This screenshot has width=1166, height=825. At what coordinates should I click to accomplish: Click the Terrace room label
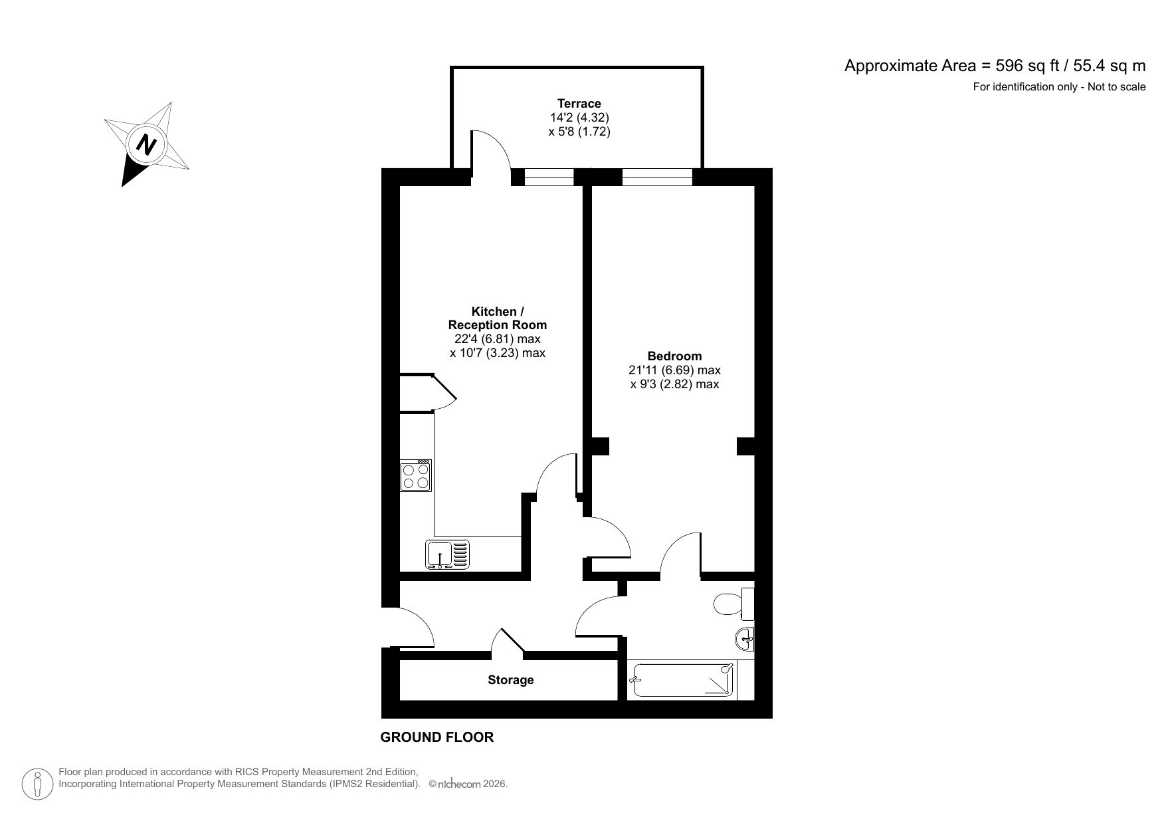(579, 103)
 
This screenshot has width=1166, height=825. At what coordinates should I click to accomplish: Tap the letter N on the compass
(146, 144)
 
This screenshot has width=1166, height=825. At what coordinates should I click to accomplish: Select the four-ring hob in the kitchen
(416, 476)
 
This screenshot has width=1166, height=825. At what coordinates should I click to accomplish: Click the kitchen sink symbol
(446, 554)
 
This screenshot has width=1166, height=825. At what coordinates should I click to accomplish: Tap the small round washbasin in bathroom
(745, 640)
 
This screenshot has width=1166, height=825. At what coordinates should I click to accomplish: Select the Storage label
(510, 680)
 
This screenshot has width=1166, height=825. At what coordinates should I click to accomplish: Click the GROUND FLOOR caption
(437, 737)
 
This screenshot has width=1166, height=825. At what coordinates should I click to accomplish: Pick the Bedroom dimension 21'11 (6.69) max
(674, 370)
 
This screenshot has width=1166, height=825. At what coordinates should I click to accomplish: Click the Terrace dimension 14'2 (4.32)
(579, 118)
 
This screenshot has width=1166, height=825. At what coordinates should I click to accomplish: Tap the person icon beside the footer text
(38, 784)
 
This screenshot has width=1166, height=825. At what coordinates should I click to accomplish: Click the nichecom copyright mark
(468, 784)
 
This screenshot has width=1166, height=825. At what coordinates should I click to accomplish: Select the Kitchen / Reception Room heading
(497, 318)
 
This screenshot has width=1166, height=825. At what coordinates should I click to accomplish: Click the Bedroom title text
(674, 356)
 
